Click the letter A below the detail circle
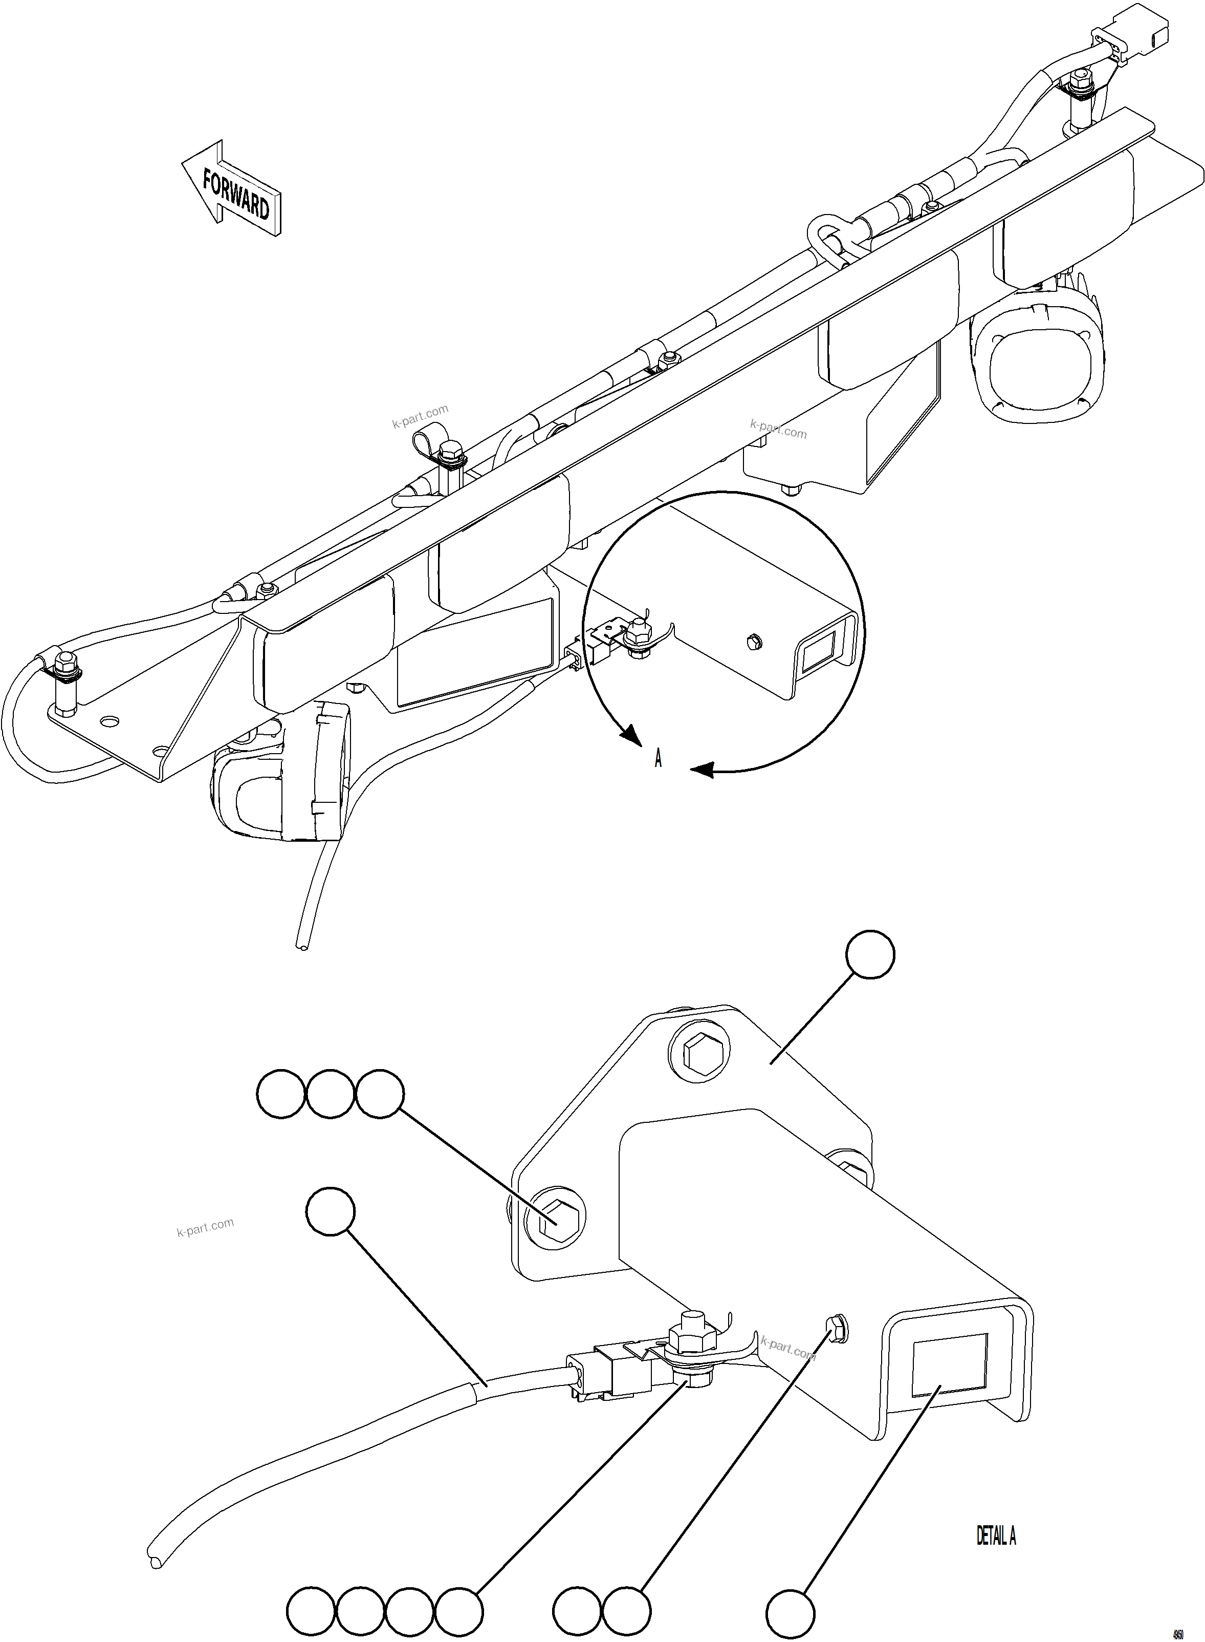[658, 759]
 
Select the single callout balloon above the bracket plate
[869, 954]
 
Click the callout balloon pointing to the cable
[331, 1211]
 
